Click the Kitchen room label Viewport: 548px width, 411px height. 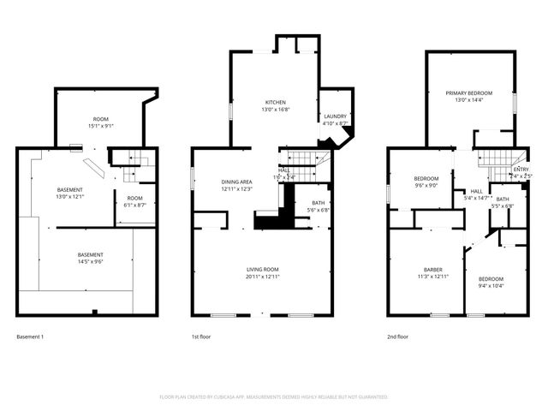[275, 102]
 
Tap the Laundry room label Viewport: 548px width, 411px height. [334, 116]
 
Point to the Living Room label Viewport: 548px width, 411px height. [263, 270]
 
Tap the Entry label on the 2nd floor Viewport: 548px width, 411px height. [521, 170]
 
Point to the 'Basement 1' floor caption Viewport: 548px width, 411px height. [30, 337]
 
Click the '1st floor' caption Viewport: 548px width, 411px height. [202, 337]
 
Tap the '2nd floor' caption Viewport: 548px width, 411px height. [396, 337]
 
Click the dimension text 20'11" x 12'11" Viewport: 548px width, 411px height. [263, 277]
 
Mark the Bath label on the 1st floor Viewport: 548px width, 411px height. [317, 203]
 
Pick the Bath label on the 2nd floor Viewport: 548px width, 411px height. [503, 199]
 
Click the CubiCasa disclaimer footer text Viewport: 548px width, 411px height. [274, 396]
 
